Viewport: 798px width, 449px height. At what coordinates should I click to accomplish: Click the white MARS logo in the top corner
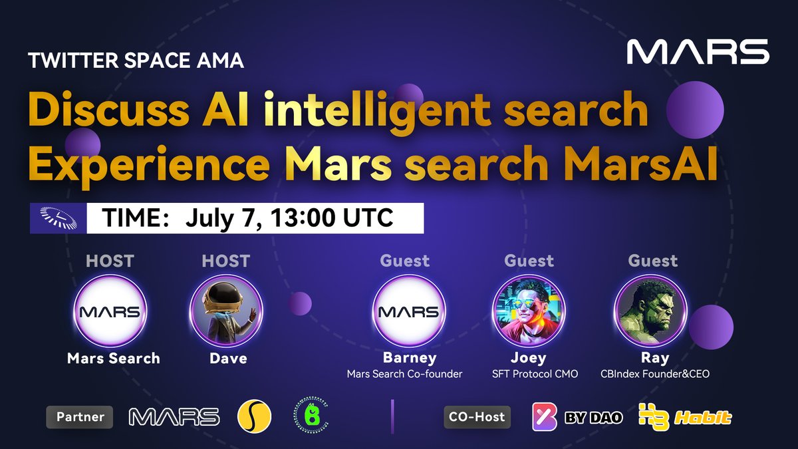(x=698, y=52)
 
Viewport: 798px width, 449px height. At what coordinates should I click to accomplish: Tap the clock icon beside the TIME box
(x=58, y=218)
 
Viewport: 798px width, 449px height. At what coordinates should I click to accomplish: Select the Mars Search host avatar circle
(x=110, y=311)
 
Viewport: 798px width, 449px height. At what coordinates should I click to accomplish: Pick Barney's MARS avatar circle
(x=408, y=311)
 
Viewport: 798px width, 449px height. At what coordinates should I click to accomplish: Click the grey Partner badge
(x=79, y=417)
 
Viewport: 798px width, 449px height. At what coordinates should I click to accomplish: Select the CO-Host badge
(x=477, y=417)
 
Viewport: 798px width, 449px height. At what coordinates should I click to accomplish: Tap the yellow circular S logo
(x=254, y=416)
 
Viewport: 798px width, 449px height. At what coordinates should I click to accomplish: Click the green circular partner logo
(x=311, y=416)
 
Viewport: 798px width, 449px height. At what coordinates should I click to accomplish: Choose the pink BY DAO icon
(x=545, y=416)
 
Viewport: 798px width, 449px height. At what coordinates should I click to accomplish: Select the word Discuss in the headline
(x=108, y=108)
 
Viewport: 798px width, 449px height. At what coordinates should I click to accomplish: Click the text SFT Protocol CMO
(x=535, y=374)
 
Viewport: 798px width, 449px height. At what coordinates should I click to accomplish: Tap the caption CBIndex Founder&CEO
(x=655, y=374)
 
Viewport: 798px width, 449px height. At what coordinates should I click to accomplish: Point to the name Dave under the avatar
(x=228, y=358)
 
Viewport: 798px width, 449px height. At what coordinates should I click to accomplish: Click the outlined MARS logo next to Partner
(x=174, y=416)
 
